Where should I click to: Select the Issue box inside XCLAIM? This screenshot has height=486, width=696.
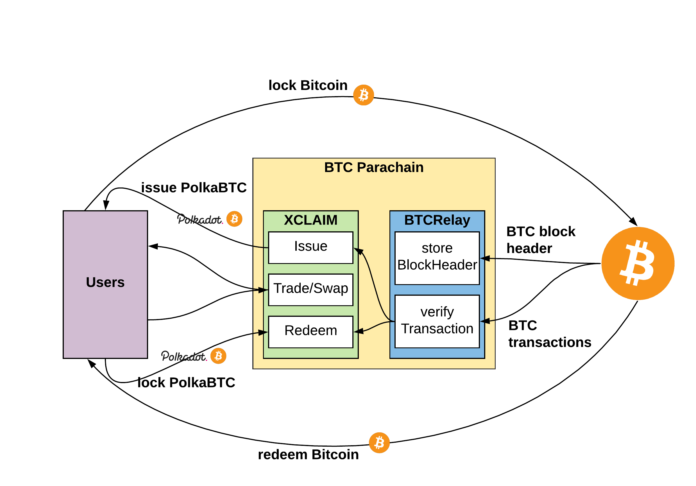tap(310, 247)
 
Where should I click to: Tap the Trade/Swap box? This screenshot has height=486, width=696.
tap(310, 290)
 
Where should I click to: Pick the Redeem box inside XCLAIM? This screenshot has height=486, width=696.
tap(310, 332)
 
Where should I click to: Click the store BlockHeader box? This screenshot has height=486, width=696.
tap(437, 258)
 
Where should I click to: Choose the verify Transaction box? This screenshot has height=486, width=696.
tap(437, 321)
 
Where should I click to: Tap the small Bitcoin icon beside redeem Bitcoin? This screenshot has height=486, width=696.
tap(379, 442)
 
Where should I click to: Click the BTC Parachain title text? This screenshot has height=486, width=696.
tap(373, 167)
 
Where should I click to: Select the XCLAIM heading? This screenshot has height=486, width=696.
tap(310, 220)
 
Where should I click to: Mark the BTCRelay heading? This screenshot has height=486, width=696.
tap(437, 220)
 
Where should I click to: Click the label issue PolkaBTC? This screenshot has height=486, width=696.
tap(194, 187)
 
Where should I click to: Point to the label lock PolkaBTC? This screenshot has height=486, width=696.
tap(186, 382)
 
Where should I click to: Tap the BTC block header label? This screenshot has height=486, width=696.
tap(541, 239)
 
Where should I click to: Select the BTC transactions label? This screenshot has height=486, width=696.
tap(549, 333)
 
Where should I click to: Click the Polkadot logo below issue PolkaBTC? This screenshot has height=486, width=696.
tap(200, 219)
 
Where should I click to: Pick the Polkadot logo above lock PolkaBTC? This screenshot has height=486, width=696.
tap(184, 356)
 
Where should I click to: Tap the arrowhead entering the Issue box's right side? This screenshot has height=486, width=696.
tap(358, 251)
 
